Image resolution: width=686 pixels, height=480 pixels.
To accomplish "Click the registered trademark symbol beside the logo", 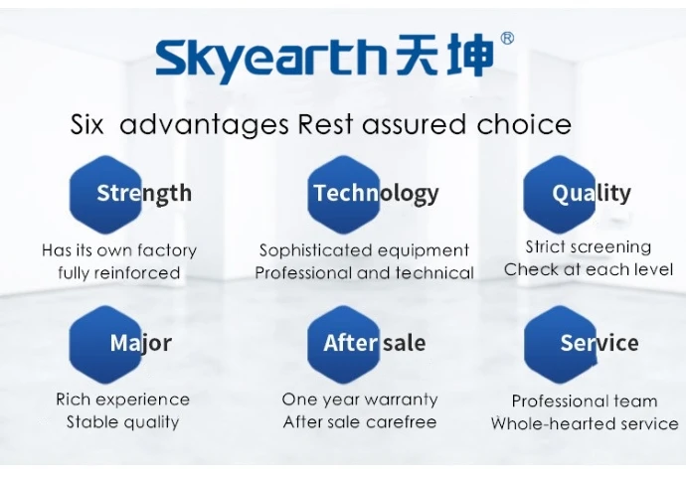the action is click(x=507, y=39).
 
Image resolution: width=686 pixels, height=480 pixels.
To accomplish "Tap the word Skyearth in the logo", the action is click(x=270, y=60).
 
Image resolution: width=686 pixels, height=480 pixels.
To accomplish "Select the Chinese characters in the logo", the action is click(x=443, y=55).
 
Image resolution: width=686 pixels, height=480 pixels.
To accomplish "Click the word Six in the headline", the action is click(x=87, y=124).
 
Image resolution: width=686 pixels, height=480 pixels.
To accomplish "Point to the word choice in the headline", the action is click(x=524, y=124).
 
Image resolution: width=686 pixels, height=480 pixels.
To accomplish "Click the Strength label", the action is click(x=144, y=194).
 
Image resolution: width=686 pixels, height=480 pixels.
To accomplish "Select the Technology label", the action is click(x=376, y=194).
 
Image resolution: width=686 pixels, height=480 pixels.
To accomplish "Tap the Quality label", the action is click(x=592, y=194).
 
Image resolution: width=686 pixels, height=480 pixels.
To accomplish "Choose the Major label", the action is click(x=140, y=344).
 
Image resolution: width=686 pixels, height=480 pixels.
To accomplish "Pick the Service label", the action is click(x=600, y=343).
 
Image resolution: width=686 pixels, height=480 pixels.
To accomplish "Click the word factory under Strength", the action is click(x=167, y=250).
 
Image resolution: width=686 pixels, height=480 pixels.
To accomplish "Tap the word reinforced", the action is click(x=137, y=272).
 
